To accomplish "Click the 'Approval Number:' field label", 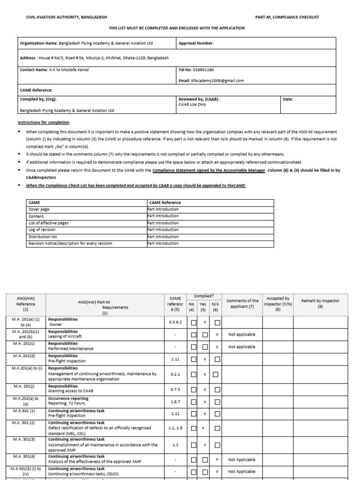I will [196, 43].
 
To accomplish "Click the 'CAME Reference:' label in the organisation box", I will [36, 90].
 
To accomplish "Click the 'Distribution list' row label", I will [43, 237].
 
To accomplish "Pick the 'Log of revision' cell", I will [42, 230].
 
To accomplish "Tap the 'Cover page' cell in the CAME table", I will [39, 209].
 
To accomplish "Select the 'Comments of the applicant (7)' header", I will [242, 303].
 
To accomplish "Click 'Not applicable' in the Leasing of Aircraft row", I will [242, 335].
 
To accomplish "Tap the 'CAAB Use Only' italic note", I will [193, 105].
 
